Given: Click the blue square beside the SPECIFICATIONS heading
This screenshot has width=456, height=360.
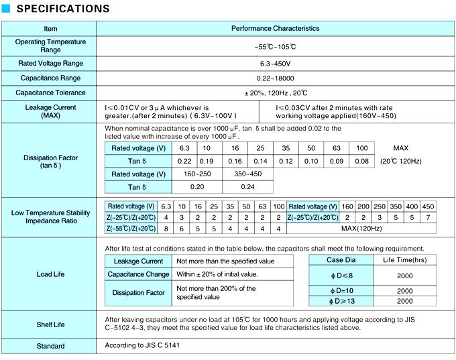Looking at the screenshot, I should point(6,9).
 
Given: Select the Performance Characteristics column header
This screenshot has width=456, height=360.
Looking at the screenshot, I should point(275,28).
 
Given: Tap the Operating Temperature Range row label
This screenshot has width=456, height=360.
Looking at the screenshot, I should point(50,46).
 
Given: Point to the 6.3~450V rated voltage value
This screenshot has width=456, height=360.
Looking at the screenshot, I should point(276,63).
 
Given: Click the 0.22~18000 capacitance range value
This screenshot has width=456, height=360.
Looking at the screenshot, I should point(276,78).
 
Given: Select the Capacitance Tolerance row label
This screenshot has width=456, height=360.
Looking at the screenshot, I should point(50,92).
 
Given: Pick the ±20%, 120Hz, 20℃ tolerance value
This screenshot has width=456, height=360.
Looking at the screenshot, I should point(276,92).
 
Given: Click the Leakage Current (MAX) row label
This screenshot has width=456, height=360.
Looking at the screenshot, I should point(50,111).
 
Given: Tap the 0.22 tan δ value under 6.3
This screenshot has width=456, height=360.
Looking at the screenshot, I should point(184,161).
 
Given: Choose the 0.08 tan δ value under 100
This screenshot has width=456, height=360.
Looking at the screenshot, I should point(361,161).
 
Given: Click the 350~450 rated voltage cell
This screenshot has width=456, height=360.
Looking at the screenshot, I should point(248,174).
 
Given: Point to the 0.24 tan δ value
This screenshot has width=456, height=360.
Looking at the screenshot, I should point(248,186).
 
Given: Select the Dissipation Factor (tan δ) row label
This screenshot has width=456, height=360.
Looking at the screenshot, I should point(50,162).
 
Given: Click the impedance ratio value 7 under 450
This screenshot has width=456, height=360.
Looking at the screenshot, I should point(429,218).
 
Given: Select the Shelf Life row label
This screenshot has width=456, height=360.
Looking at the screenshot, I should point(50,324).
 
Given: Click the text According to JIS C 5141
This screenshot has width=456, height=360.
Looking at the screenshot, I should point(143,345).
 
